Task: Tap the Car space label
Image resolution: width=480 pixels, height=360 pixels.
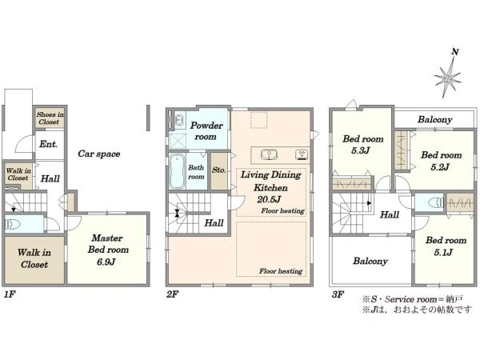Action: click(x=99, y=154)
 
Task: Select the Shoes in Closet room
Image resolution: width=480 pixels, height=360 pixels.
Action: click(x=50, y=118)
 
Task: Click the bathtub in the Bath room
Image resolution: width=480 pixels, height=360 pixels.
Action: click(x=178, y=171)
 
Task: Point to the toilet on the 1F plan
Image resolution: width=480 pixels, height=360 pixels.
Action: click(x=13, y=224)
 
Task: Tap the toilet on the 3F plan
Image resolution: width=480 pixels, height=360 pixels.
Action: click(x=436, y=203)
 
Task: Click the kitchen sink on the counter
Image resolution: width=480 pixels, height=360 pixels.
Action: click(x=269, y=154)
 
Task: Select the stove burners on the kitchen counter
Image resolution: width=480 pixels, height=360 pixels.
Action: click(x=302, y=154)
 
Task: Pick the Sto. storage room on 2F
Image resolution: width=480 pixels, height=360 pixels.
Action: click(x=219, y=170)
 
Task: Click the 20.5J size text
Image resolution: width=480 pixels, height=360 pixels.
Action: click(x=269, y=199)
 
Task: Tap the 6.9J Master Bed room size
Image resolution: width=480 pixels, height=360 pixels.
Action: click(x=106, y=262)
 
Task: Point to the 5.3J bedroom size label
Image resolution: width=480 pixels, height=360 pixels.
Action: click(x=361, y=150)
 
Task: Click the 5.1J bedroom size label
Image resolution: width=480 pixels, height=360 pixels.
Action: click(x=443, y=253)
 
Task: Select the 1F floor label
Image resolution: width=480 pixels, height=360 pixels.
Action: click(x=10, y=294)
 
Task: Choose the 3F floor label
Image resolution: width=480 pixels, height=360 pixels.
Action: click(x=338, y=294)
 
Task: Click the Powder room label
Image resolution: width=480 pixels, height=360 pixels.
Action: click(x=206, y=131)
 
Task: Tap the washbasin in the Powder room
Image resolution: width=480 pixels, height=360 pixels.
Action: click(x=179, y=119)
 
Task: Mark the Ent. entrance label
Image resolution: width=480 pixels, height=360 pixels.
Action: click(x=48, y=144)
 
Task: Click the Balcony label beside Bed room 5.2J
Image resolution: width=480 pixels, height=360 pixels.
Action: click(x=434, y=119)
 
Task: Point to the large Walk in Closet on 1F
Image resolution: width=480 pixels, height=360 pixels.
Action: click(x=34, y=259)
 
